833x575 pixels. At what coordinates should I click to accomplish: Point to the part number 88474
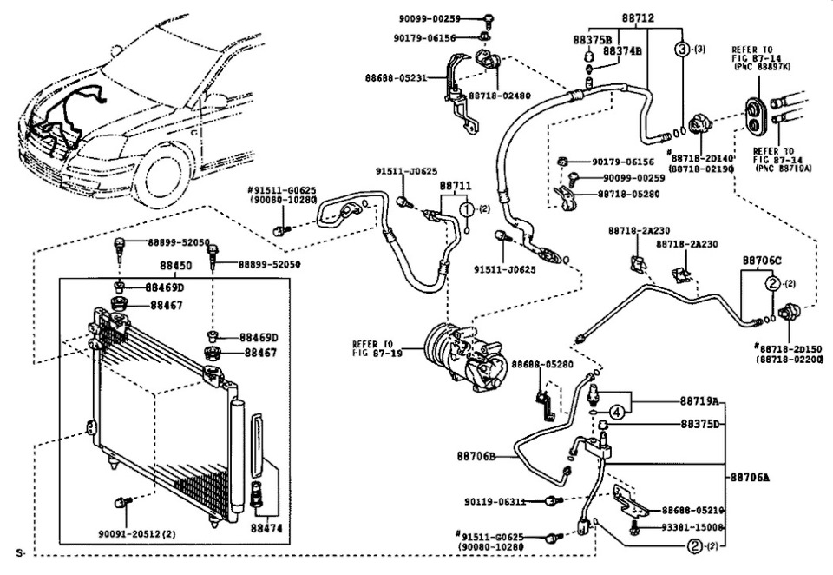coord(266,527)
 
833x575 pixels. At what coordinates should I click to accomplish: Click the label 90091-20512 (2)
coord(138,533)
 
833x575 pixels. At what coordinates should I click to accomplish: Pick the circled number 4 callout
coord(615,412)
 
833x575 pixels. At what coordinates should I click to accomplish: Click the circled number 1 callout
coord(467,209)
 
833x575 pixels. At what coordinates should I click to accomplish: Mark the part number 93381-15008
coord(693,527)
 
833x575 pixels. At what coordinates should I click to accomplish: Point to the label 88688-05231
coord(395,77)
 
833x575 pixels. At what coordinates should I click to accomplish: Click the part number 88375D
coord(700,424)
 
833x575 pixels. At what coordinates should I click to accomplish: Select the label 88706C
coord(762,261)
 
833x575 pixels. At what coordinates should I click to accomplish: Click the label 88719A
coord(700,401)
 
